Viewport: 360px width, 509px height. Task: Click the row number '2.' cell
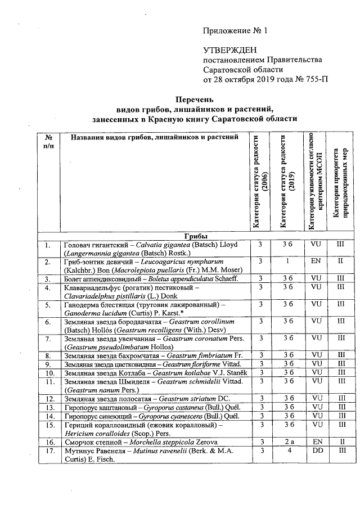coord(48,262)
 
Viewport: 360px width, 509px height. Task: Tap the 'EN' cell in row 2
coord(315,262)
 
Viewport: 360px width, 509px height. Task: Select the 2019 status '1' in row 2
coord(286,262)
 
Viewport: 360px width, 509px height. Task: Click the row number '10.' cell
coord(49,373)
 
